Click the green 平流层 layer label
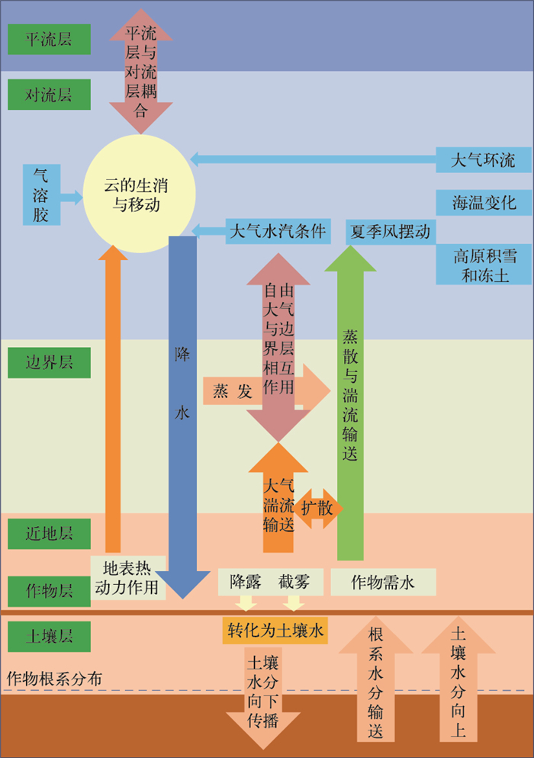click(49, 39)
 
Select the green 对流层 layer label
click(49, 95)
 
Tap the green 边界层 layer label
click(49, 361)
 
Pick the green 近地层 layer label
click(49, 533)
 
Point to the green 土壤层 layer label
click(49, 636)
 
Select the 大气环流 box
click(483, 159)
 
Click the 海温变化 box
click(483, 203)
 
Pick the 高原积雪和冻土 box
click(483, 265)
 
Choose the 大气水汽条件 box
click(278, 231)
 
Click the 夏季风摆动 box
click(390, 231)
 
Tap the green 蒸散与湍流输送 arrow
click(350, 397)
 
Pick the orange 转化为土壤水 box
click(275, 631)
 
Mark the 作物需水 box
click(383, 583)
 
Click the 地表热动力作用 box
click(127, 578)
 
